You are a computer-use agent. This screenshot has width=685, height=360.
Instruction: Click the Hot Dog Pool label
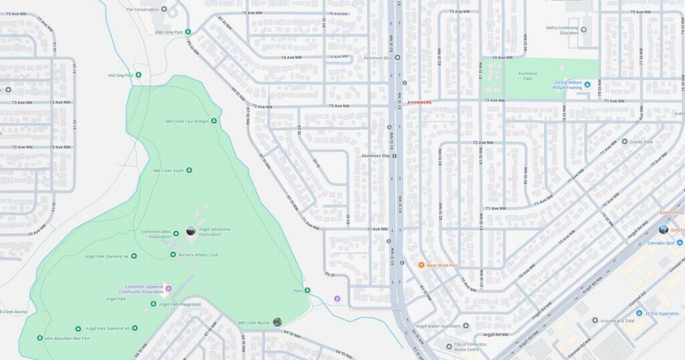click(x=121, y=75)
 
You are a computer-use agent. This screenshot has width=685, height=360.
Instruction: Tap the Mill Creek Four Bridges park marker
click(x=214, y=121)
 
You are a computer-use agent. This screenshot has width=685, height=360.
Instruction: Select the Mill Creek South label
click(x=169, y=171)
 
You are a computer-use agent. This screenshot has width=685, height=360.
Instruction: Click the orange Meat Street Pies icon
click(x=421, y=266)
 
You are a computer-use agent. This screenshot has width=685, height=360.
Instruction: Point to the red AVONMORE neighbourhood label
click(x=419, y=102)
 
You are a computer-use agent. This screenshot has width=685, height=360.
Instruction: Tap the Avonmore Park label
click(x=528, y=75)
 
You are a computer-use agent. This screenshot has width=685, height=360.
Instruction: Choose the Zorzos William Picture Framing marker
click(x=587, y=84)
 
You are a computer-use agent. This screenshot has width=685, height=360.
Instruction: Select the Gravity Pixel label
click(x=640, y=142)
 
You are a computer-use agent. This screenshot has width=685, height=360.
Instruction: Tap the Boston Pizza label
click(x=671, y=212)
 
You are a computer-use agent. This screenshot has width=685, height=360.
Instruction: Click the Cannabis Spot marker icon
click(x=679, y=243)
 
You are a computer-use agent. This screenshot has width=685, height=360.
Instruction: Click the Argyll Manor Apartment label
click(x=438, y=326)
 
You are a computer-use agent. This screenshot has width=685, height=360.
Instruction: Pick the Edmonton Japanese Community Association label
click(x=141, y=289)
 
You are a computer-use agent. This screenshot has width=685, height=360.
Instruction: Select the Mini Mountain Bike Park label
click(x=68, y=339)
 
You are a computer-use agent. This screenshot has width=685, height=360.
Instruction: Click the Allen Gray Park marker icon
click(x=188, y=31)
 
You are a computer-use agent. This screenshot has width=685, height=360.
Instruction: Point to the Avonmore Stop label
click(x=375, y=156)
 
